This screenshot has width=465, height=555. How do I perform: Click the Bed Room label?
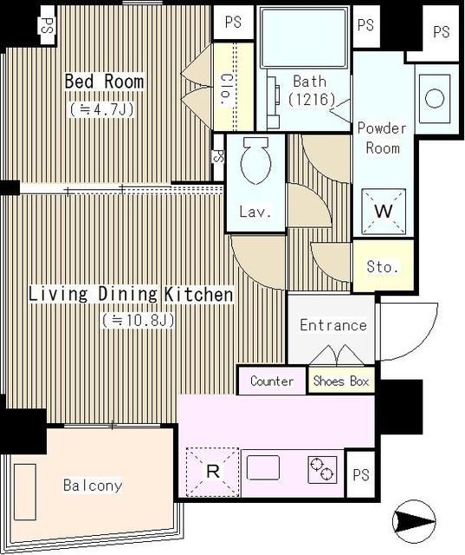coord(104,82)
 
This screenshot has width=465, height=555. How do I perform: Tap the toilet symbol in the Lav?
coord(255,160)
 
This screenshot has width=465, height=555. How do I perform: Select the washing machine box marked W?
coord(384,212)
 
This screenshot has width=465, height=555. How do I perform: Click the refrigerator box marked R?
coord(213,472)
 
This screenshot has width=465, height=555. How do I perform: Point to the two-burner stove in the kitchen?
coord(322,470)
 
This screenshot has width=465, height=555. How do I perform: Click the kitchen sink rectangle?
coord(263,467)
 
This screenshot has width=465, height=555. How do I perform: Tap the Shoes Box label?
coord(341,381)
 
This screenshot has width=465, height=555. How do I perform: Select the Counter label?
coord(272,381)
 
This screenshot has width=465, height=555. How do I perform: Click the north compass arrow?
coord(414,521)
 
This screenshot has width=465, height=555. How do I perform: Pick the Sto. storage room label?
coord(383,266)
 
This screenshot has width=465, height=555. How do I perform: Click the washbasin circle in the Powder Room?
coord(435,98)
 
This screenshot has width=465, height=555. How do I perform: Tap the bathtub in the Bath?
coord(303,37)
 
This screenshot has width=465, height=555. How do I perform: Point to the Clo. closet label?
coord(225,89)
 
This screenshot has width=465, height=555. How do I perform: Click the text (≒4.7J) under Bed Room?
coord(102,109)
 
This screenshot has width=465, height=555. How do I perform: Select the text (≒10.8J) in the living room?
coord(139,320)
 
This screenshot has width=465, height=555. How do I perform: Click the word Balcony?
coord(93,485)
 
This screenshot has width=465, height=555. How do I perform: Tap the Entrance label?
coord(333,325)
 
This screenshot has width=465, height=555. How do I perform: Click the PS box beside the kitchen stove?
coord(361,474)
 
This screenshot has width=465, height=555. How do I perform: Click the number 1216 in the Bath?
coord(311,100)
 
